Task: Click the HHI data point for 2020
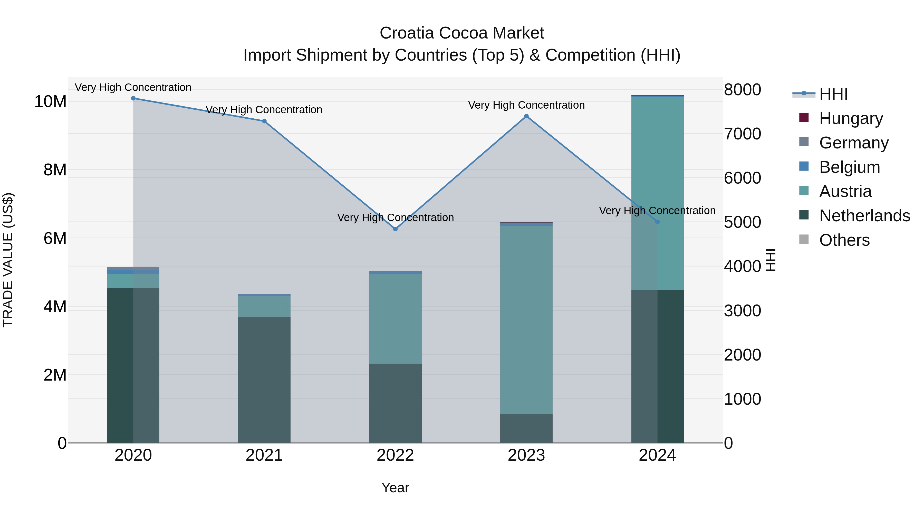(133, 98)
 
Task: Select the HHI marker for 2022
(395, 229)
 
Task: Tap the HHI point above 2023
(526, 116)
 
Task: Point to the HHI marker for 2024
(657, 222)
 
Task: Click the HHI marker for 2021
(264, 121)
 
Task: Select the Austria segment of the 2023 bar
(526, 319)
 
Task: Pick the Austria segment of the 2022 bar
(395, 319)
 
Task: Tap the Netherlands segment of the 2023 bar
(526, 428)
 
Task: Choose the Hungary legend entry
(851, 118)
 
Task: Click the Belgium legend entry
(849, 167)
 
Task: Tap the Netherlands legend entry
(864, 216)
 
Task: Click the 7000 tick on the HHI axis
(742, 134)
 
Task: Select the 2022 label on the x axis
(395, 455)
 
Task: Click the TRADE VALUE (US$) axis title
(8, 260)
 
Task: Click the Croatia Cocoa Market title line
(462, 33)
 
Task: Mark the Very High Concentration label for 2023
(526, 105)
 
